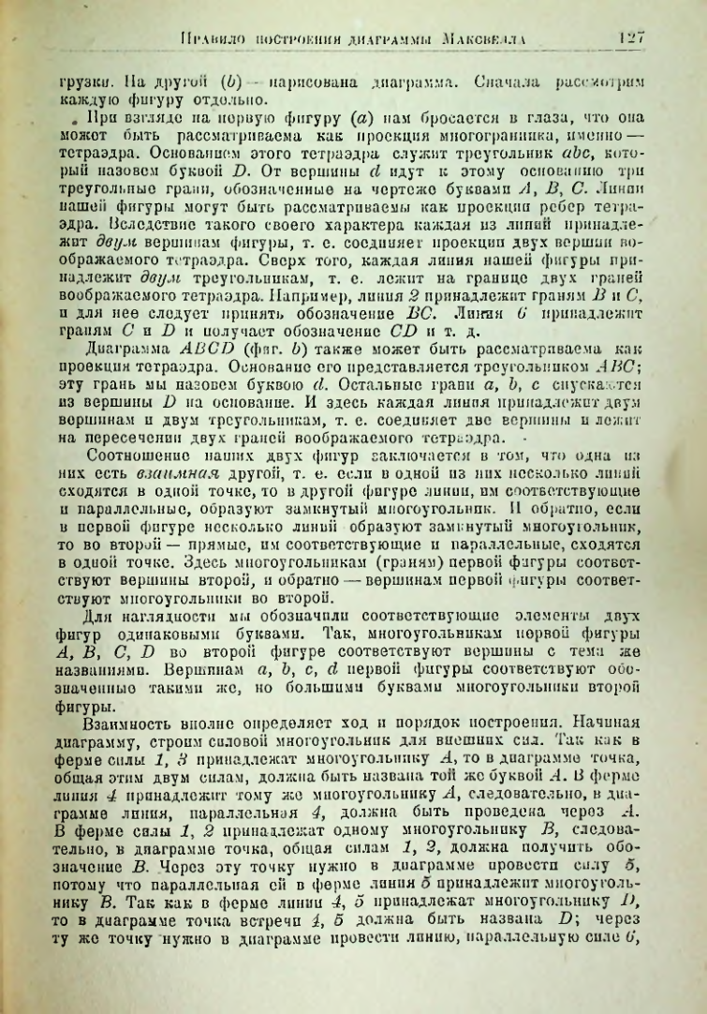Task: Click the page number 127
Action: (633, 38)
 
